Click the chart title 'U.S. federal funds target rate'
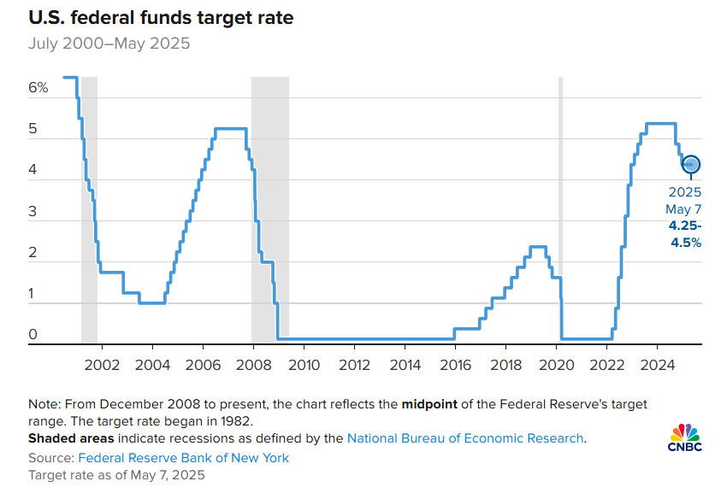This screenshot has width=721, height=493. pos(149,17)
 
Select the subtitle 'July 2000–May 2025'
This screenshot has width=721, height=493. pos(110,43)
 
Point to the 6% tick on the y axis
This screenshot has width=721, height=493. pos(38,88)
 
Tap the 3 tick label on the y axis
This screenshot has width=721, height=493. pos(33,212)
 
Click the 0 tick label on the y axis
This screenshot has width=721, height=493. pos(33,335)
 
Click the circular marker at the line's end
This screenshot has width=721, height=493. pos(691,164)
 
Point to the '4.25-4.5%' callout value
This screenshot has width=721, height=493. pos(684,234)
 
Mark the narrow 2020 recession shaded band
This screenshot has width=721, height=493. pos(561,209)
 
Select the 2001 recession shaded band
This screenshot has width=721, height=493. pos(89,209)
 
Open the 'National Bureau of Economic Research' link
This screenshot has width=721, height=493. pos(464,438)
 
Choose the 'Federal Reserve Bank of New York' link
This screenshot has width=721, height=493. pos(185,458)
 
